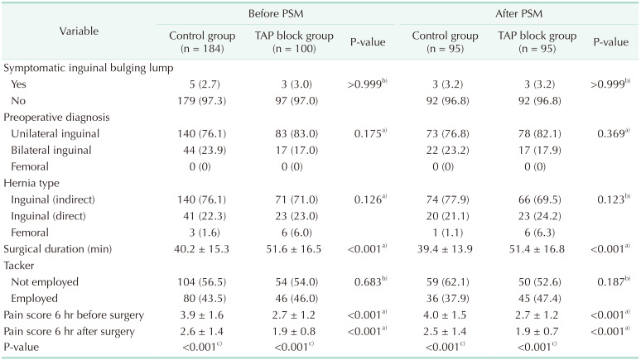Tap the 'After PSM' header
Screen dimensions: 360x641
point(519,14)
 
